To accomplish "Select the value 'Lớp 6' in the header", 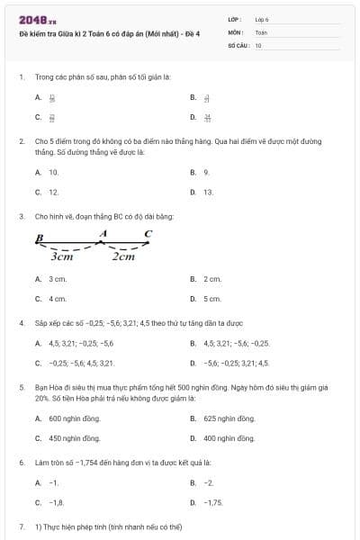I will pos(262,18).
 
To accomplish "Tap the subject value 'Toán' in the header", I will pos(261,31).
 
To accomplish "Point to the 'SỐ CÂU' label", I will pos(238,44).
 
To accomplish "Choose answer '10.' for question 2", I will pos(53,171).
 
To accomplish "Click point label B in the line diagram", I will pos(40,238).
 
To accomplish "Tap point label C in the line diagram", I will pos(148,234).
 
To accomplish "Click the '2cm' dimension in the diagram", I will pos(123,256).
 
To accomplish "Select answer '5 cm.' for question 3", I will pos(212,299).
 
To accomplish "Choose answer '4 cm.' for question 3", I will pos(58,299).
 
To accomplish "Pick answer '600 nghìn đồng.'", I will pos(67,418).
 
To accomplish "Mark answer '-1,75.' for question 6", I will pos(213,503).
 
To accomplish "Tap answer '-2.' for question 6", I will pos(208,483).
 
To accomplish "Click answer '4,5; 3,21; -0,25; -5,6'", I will pos(81,343).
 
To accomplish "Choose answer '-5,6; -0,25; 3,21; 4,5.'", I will pos(236,363).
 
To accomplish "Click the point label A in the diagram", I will pos(103,233).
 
